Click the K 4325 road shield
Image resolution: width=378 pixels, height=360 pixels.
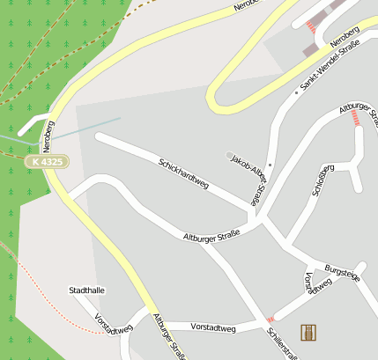44,162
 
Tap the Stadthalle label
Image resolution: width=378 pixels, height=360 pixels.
86,290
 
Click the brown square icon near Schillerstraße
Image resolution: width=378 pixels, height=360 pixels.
308,332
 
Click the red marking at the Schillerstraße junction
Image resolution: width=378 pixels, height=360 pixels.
271,319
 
